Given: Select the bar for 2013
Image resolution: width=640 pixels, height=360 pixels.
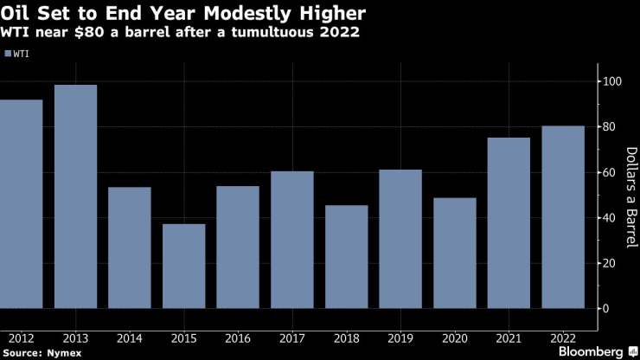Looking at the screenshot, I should click(75, 196).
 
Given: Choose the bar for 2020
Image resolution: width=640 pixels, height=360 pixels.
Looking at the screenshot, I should click(454, 253).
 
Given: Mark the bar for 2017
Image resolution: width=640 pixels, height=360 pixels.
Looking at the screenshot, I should click(291, 240).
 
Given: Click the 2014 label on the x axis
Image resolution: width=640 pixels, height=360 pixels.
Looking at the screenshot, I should click(129, 337).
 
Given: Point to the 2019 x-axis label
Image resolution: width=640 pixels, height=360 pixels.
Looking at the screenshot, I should click(400, 337).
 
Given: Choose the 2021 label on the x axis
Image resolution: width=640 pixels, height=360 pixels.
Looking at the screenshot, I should click(509, 337).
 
